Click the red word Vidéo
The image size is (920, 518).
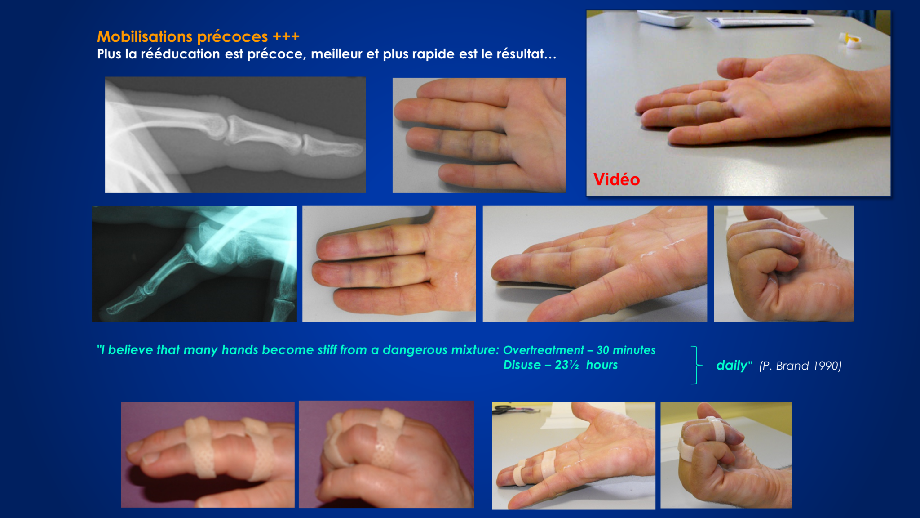pyautogui.click(x=616, y=179)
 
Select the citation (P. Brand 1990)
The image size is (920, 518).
pyautogui.click(x=800, y=366)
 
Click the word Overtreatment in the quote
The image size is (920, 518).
pyautogui.click(x=544, y=350)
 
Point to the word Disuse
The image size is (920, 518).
pyautogui.click(x=522, y=365)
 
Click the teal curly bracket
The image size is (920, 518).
pyautogui.click(x=697, y=365)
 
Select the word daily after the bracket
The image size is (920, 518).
pyautogui.click(x=732, y=365)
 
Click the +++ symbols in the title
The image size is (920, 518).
pyautogui.click(x=286, y=36)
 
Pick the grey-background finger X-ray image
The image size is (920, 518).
pyautogui.click(x=235, y=135)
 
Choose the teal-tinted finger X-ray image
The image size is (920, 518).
pyautogui.click(x=195, y=264)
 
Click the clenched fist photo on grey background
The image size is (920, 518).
pyautogui.click(x=784, y=264)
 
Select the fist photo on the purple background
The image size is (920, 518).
pyautogui.click(x=386, y=455)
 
